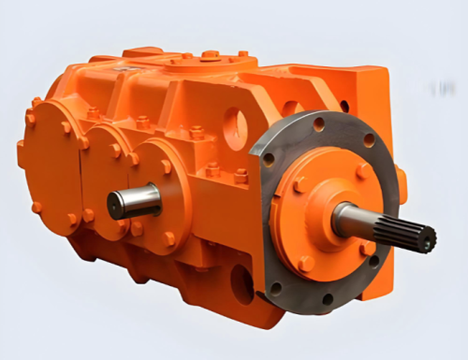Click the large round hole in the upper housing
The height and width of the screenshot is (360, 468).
coord(235,126)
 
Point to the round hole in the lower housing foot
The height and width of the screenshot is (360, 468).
coord(241,281)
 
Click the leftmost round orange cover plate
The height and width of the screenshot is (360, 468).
coord(51,168)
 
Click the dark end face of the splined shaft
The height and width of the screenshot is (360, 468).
coord(429,239)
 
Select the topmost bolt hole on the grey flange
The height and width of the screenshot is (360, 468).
coord(319,123)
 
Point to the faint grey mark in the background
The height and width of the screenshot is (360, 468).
coord(436,90)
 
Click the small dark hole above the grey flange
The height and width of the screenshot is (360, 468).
coord(344,106)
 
